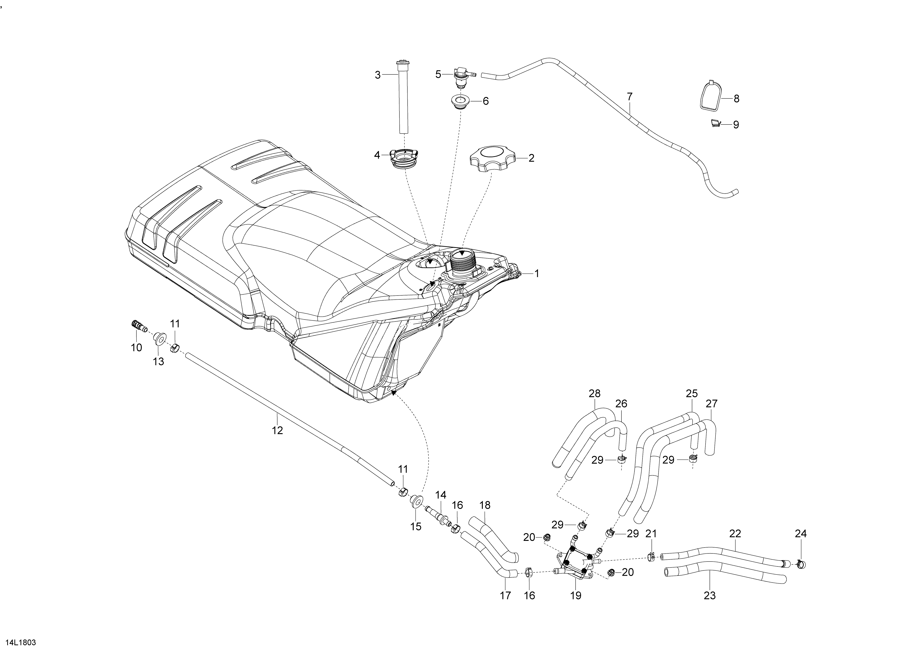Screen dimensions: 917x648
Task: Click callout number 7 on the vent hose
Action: click(x=629, y=97)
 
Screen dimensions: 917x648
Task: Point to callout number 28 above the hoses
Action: click(x=594, y=393)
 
